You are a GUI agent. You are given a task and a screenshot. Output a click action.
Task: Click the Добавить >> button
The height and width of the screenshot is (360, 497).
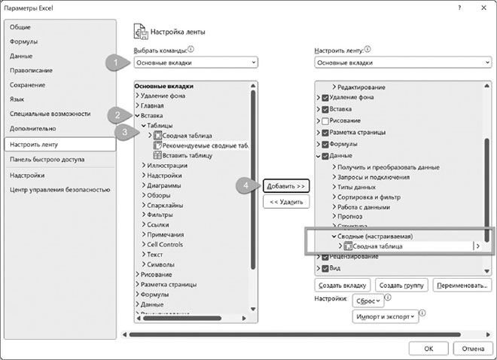pyautogui.click(x=287, y=185)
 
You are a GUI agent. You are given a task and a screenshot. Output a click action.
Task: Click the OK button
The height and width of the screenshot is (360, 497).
pyautogui.click(x=428, y=348)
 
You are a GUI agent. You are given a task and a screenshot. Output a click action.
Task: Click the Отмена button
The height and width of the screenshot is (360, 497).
pyautogui.click(x=472, y=348)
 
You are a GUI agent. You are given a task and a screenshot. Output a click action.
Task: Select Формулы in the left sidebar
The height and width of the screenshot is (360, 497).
pyautogui.click(x=24, y=41)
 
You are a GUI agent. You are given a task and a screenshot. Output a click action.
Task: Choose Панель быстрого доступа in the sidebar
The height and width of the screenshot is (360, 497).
pyautogui.click(x=47, y=160)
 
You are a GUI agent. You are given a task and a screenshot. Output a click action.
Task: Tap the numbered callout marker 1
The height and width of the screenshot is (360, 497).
pyautogui.click(x=114, y=62)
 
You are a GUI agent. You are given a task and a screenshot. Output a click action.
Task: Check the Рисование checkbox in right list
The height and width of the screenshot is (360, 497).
pyautogui.click(x=325, y=121)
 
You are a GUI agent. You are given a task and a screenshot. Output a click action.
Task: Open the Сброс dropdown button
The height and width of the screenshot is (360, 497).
pyautogui.click(x=368, y=301)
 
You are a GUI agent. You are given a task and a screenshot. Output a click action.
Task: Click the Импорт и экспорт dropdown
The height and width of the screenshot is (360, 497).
pyautogui.click(x=384, y=317)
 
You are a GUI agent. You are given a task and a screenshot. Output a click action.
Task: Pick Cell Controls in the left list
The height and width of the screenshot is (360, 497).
pyautogui.click(x=165, y=244)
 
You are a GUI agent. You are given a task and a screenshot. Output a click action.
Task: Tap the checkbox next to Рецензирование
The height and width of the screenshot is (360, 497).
pyautogui.click(x=325, y=257)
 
